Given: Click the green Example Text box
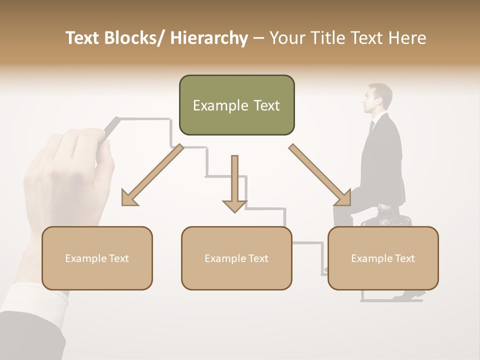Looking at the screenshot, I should point(236,105).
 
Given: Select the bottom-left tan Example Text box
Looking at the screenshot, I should point(97,258).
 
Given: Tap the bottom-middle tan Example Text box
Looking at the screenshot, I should point(236,258).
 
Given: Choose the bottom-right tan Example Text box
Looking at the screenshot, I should point(383,258).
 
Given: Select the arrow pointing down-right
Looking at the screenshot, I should point(320,175).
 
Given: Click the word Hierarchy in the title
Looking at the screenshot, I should point(209,38).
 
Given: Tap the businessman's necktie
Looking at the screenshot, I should point(371,127).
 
